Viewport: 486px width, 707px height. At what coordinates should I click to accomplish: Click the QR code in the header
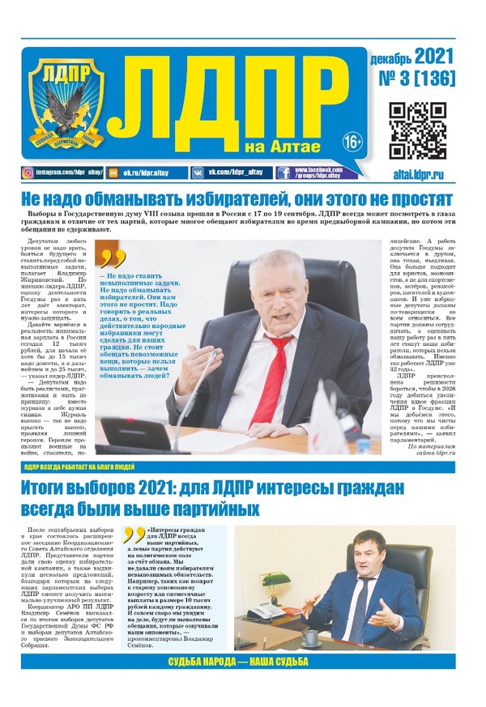point(418,131)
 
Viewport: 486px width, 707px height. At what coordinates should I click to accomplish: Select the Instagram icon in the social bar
point(29,172)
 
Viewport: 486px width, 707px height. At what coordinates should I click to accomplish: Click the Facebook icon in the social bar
point(284,172)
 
